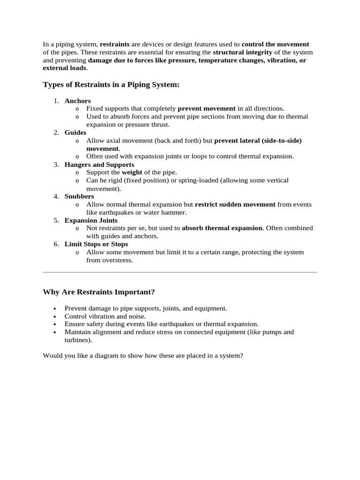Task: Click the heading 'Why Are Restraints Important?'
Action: [98, 292]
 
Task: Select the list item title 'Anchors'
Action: [78, 101]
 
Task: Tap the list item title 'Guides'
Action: [75, 133]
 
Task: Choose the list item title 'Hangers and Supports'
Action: [99, 165]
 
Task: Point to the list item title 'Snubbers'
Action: [79, 196]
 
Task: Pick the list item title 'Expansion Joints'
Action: [91, 220]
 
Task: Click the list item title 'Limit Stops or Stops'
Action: [96, 244]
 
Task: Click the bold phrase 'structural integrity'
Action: [242, 52]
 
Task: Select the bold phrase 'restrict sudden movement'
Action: [235, 204]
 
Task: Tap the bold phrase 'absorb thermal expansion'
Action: [222, 228]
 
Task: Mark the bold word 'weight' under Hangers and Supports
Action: [132, 172]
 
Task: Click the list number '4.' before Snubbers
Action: [56, 196]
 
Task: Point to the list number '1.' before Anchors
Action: [56, 101]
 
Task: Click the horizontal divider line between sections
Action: [180, 272]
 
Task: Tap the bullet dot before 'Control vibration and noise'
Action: [55, 316]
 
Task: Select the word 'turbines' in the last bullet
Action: [76, 340]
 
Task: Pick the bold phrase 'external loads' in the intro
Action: [64, 68]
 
